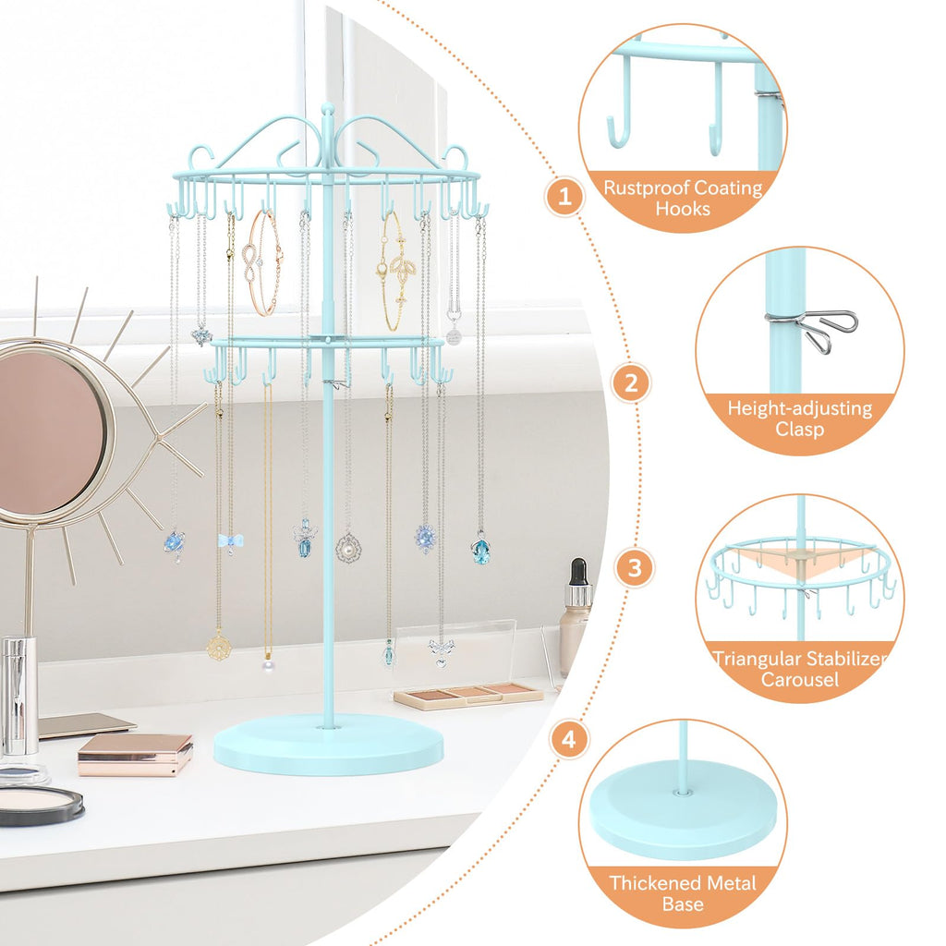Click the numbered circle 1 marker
coord(564,196)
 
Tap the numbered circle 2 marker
coord(631,383)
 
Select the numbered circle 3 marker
coord(634,568)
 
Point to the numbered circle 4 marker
coord(569,739)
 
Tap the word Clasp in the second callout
coord(799,430)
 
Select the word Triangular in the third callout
coord(751,658)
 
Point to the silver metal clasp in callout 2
coord(815,330)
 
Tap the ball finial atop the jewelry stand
coord(328,109)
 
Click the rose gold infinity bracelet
coord(262,263)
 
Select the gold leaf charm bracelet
coord(395,272)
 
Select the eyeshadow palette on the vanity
coord(468,695)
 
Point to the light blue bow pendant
coord(230,542)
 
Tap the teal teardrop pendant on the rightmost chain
coord(480,551)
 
